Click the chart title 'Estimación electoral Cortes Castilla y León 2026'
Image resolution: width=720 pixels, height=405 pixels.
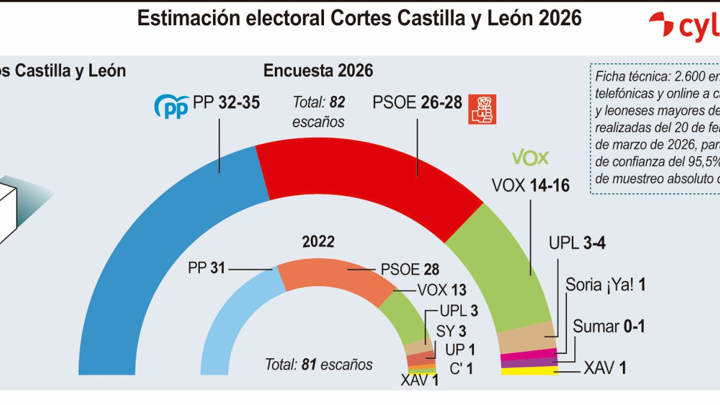(x=359, y=19)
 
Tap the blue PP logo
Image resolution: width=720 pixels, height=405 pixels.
(x=172, y=106)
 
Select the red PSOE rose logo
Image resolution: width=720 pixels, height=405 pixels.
(x=482, y=109)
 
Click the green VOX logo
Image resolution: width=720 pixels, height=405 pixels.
(x=530, y=158)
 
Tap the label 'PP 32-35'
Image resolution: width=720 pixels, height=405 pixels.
(x=226, y=103)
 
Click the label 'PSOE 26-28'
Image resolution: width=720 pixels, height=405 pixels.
(x=417, y=103)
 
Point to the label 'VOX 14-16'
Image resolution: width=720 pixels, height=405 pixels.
(x=530, y=186)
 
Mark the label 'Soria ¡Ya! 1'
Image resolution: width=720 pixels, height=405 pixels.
(x=605, y=285)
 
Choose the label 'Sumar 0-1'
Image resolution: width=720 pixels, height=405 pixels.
(x=608, y=327)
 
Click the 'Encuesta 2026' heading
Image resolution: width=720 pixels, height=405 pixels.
(x=318, y=71)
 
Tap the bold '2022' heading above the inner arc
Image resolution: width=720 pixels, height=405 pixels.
(x=318, y=242)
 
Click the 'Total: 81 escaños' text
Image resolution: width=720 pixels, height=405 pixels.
(x=319, y=364)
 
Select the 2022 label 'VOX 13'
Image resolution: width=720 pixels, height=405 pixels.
(x=442, y=290)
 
